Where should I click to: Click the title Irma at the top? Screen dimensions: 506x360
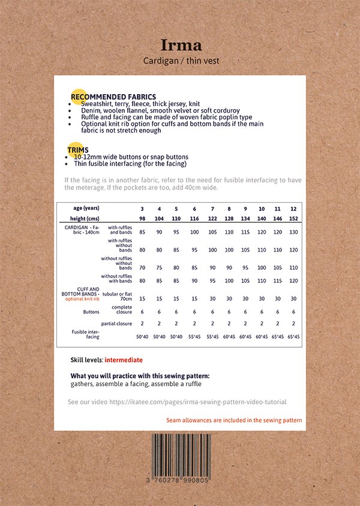click(181, 45)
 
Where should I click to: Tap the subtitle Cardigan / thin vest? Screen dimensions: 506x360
click(181, 61)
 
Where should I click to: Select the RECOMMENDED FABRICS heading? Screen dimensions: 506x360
click(113, 97)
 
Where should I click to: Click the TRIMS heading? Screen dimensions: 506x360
click(79, 150)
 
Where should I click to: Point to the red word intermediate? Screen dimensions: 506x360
click(124, 360)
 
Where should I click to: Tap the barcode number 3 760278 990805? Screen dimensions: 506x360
click(181, 480)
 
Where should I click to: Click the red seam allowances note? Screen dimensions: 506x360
click(234, 420)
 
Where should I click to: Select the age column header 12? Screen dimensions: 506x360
click(293, 208)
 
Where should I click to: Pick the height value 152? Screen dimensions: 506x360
click(293, 219)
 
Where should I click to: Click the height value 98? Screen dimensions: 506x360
click(142, 219)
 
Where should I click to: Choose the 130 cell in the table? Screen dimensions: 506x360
click(293, 232)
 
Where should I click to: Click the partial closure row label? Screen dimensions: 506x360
click(116, 324)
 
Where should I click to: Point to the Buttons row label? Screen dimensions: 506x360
click(91, 312)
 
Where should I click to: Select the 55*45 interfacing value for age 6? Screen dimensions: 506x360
click(194, 337)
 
